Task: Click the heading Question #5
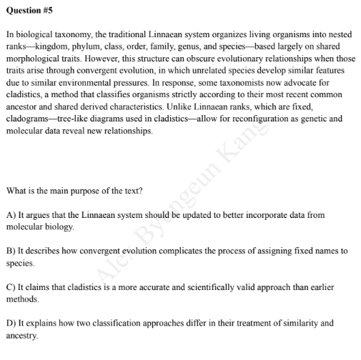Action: pos(29,11)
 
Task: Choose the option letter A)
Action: pos(11,214)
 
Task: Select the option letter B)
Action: pos(11,251)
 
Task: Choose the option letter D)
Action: pos(11,323)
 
